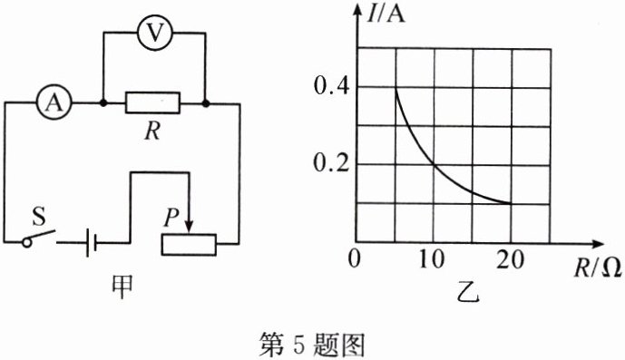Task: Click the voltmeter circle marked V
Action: [x=155, y=34]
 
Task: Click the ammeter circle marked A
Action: [x=54, y=103]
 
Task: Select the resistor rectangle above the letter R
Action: [x=153, y=103]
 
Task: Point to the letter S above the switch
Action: [x=38, y=217]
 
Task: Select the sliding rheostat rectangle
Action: [x=189, y=243]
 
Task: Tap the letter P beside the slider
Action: [x=170, y=218]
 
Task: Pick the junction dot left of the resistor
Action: [x=103, y=103]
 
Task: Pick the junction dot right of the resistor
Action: [x=207, y=103]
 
